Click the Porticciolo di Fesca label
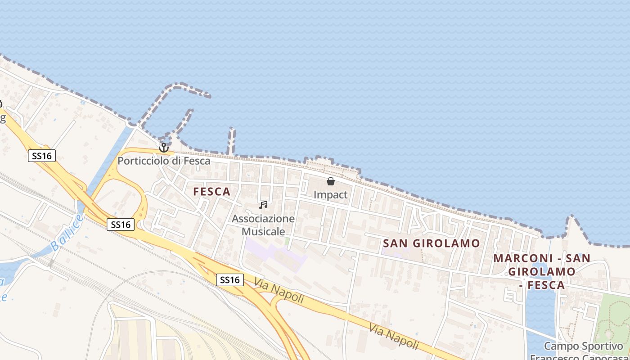click(x=164, y=161)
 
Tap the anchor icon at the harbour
click(x=163, y=147)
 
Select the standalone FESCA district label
click(x=211, y=192)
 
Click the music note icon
click(x=263, y=205)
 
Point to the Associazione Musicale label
click(x=263, y=225)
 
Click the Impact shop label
click(x=330, y=195)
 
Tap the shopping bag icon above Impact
click(x=331, y=181)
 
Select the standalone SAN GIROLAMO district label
click(x=432, y=243)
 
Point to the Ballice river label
click(x=67, y=233)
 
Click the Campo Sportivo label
click(x=583, y=346)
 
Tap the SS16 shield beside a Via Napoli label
click(x=230, y=280)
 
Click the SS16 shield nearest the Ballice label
click(x=121, y=224)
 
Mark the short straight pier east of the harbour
click(x=231, y=141)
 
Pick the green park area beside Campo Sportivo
click(x=612, y=324)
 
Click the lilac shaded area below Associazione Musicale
click(x=274, y=254)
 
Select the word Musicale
click(x=263, y=231)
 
